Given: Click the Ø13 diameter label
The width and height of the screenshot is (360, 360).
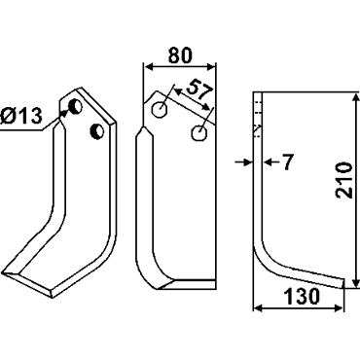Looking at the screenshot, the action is [21, 116].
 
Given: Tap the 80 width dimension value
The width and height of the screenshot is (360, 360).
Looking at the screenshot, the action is [180, 55].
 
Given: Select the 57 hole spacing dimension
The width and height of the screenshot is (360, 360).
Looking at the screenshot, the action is [199, 90].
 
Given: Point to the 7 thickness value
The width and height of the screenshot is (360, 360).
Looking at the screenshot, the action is [288, 162].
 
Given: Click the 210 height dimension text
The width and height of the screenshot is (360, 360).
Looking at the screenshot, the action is [343, 180].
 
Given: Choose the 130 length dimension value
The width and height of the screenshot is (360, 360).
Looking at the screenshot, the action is [302, 297].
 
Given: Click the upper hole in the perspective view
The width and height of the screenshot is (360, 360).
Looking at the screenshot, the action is [77, 106].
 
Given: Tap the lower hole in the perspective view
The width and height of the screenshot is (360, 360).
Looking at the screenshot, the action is [96, 130].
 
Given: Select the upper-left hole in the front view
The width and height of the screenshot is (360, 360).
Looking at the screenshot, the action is [160, 110].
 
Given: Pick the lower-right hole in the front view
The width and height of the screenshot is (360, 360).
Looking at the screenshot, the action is [198, 133].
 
